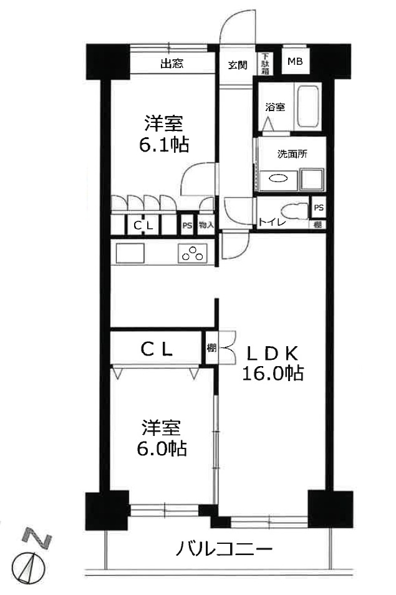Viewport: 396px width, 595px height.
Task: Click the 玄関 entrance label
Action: point(238,64)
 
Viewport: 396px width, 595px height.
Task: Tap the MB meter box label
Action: point(294,61)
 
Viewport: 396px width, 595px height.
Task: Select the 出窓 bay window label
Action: point(171,63)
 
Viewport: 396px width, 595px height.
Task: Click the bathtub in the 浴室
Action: point(308,107)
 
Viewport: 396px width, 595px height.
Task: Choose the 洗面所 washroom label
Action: point(292,155)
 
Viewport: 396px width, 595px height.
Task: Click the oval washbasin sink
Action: point(278,179)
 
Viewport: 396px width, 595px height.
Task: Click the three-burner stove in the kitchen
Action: point(191,253)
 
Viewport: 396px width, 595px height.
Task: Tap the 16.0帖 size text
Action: point(273,373)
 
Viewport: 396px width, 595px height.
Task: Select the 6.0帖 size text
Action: point(162,448)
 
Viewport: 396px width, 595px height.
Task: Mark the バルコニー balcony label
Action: point(224,549)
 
